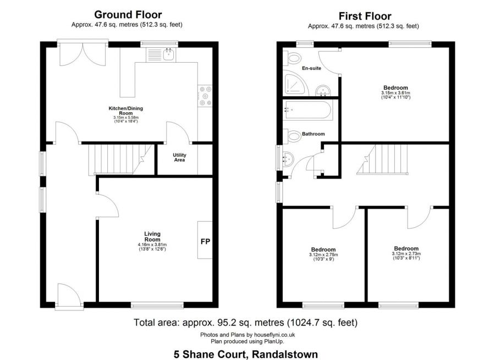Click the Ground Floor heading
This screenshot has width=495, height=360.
(x=128, y=14)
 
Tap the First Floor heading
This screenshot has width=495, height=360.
(x=365, y=16)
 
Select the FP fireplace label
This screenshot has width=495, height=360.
(x=205, y=242)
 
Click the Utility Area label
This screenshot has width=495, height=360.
(x=179, y=157)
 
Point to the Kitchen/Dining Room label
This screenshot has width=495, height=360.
(x=125, y=111)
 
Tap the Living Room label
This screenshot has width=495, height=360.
(x=152, y=236)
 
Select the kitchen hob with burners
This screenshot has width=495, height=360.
(x=205, y=96)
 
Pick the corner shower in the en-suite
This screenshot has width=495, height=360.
(x=295, y=83)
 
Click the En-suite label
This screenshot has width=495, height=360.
(x=311, y=68)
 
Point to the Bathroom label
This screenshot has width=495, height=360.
(x=313, y=134)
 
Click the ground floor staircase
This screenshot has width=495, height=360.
(x=120, y=159)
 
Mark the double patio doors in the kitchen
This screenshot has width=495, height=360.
(x=82, y=54)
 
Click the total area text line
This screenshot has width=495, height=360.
(x=246, y=323)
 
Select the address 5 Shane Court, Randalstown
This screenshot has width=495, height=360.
(x=246, y=354)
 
